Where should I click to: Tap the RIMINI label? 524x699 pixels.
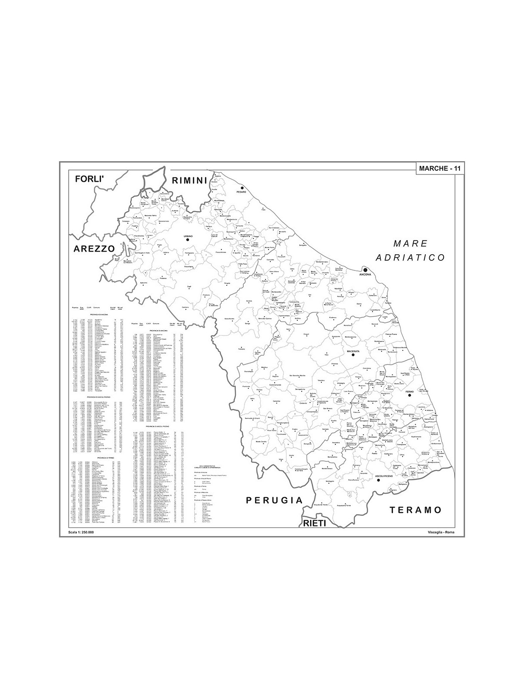pyautogui.click(x=189, y=180)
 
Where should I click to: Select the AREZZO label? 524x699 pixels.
pyautogui.click(x=94, y=248)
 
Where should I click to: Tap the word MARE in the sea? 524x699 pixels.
pyautogui.click(x=410, y=243)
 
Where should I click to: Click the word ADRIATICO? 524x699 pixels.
pyautogui.click(x=413, y=258)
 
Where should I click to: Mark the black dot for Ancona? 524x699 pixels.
pyautogui.click(x=365, y=270)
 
